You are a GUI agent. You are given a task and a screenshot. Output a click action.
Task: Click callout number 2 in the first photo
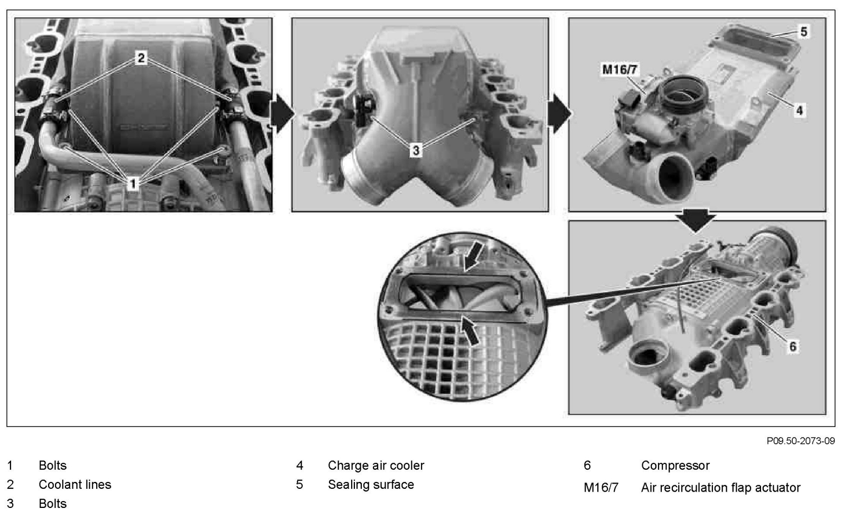(x=141, y=58)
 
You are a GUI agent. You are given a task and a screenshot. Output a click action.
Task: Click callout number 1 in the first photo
(x=133, y=184)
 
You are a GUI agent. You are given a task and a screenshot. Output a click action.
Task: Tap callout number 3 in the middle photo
(x=416, y=151)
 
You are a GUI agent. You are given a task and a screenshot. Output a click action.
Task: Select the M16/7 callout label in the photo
(x=619, y=69)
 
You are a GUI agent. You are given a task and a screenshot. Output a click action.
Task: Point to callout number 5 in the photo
(x=804, y=32)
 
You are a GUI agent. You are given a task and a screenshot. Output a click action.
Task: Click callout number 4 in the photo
(x=800, y=110)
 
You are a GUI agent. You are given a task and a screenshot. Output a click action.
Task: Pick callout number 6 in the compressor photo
(x=793, y=346)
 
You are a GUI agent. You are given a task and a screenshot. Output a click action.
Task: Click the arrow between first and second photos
(x=283, y=113)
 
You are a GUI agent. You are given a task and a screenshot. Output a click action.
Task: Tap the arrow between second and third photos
(x=559, y=113)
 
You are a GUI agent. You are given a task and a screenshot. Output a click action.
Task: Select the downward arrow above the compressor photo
(x=696, y=220)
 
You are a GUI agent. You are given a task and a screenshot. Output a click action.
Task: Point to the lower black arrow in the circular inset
(x=470, y=331)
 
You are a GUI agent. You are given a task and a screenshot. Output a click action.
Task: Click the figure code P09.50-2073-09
(x=801, y=440)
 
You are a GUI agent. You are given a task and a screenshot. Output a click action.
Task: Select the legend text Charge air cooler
(x=375, y=466)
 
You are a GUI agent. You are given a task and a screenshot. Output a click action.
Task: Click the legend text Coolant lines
(x=74, y=485)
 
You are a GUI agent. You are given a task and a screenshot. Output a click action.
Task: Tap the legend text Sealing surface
(x=371, y=485)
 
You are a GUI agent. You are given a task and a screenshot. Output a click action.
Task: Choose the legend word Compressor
(x=675, y=466)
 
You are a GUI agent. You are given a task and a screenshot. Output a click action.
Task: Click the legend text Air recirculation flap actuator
(x=720, y=488)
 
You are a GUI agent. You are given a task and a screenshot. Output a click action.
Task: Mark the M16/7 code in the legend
(x=601, y=488)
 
